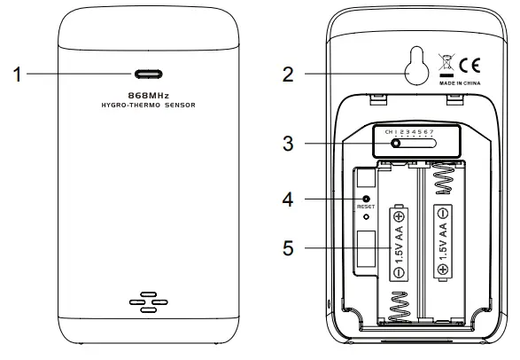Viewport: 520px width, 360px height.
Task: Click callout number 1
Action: pos(17,74)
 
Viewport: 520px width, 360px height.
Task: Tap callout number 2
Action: pos(288,74)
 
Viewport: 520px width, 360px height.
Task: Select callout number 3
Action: pos(288,144)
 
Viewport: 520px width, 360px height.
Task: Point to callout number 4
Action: pos(288,200)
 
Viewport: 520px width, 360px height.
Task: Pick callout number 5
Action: pos(288,248)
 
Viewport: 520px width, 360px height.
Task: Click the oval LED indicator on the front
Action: pos(149,74)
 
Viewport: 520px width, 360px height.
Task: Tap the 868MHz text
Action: pos(149,96)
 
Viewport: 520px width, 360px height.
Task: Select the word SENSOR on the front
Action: pos(180,106)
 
